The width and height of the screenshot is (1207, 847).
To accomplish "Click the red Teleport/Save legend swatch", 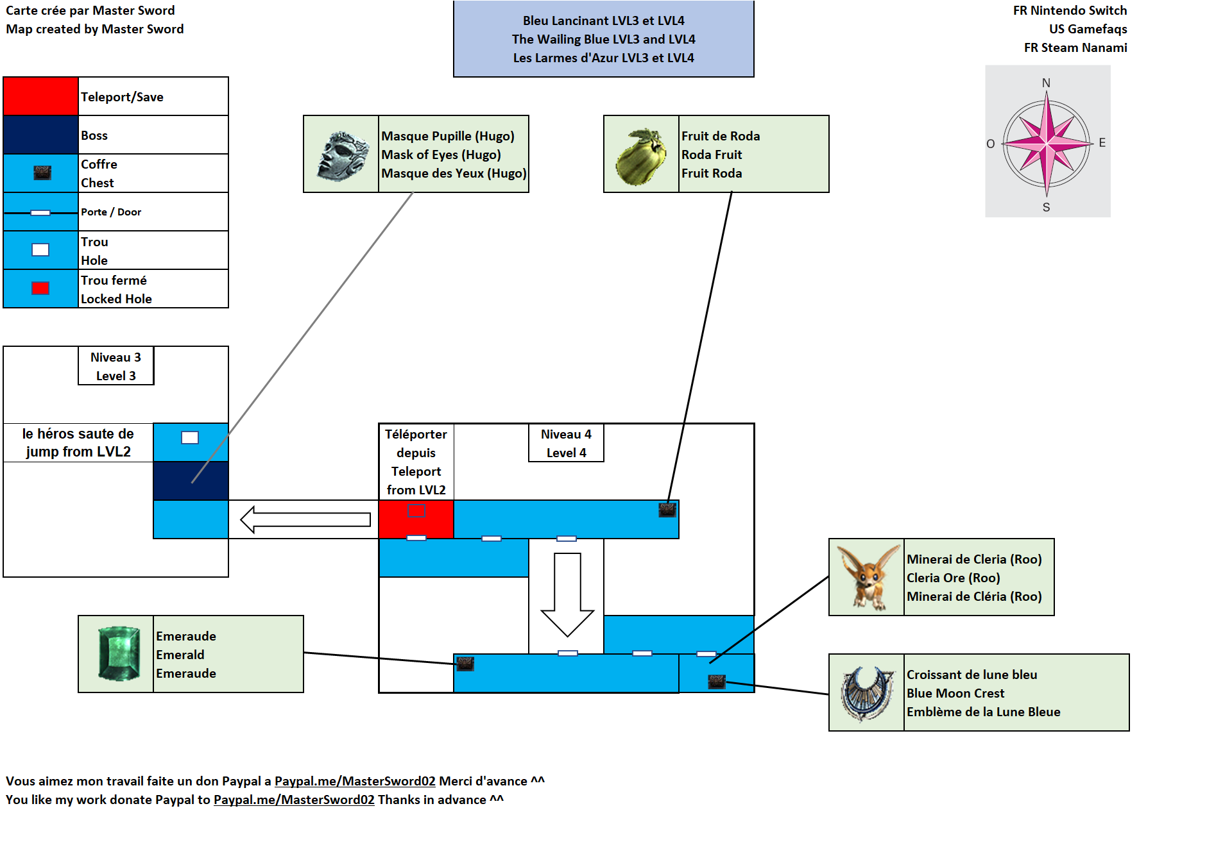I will point(40,96).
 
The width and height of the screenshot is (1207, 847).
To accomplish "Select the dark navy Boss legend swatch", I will point(40,135).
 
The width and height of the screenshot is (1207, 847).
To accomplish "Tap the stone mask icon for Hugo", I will point(342,155).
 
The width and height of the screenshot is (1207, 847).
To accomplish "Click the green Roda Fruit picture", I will point(640,156).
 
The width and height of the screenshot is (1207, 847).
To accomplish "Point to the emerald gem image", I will point(119,653).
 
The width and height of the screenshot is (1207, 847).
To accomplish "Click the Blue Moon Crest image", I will point(867,693).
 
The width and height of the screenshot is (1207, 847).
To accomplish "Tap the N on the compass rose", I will point(1046,83).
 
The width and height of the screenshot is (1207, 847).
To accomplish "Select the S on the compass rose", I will point(1046,207).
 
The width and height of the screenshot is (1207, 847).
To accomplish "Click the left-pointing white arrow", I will point(305,519).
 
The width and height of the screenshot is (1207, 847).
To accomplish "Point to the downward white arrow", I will point(567,594).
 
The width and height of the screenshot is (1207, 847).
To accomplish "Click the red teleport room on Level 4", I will point(416,519).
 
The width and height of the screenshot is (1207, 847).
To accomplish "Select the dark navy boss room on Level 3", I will point(191,481).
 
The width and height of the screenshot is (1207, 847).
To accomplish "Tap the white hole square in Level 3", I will point(190,437).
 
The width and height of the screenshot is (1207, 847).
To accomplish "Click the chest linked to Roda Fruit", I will point(667,510).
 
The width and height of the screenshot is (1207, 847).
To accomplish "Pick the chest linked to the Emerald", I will point(465,664).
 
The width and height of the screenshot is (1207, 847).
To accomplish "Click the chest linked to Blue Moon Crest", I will point(716,682).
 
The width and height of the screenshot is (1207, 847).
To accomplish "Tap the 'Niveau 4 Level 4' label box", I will point(566,443).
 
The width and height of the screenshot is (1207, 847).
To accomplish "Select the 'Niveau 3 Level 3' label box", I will point(116,366).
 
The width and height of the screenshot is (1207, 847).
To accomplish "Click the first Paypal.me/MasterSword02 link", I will point(355,781).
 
